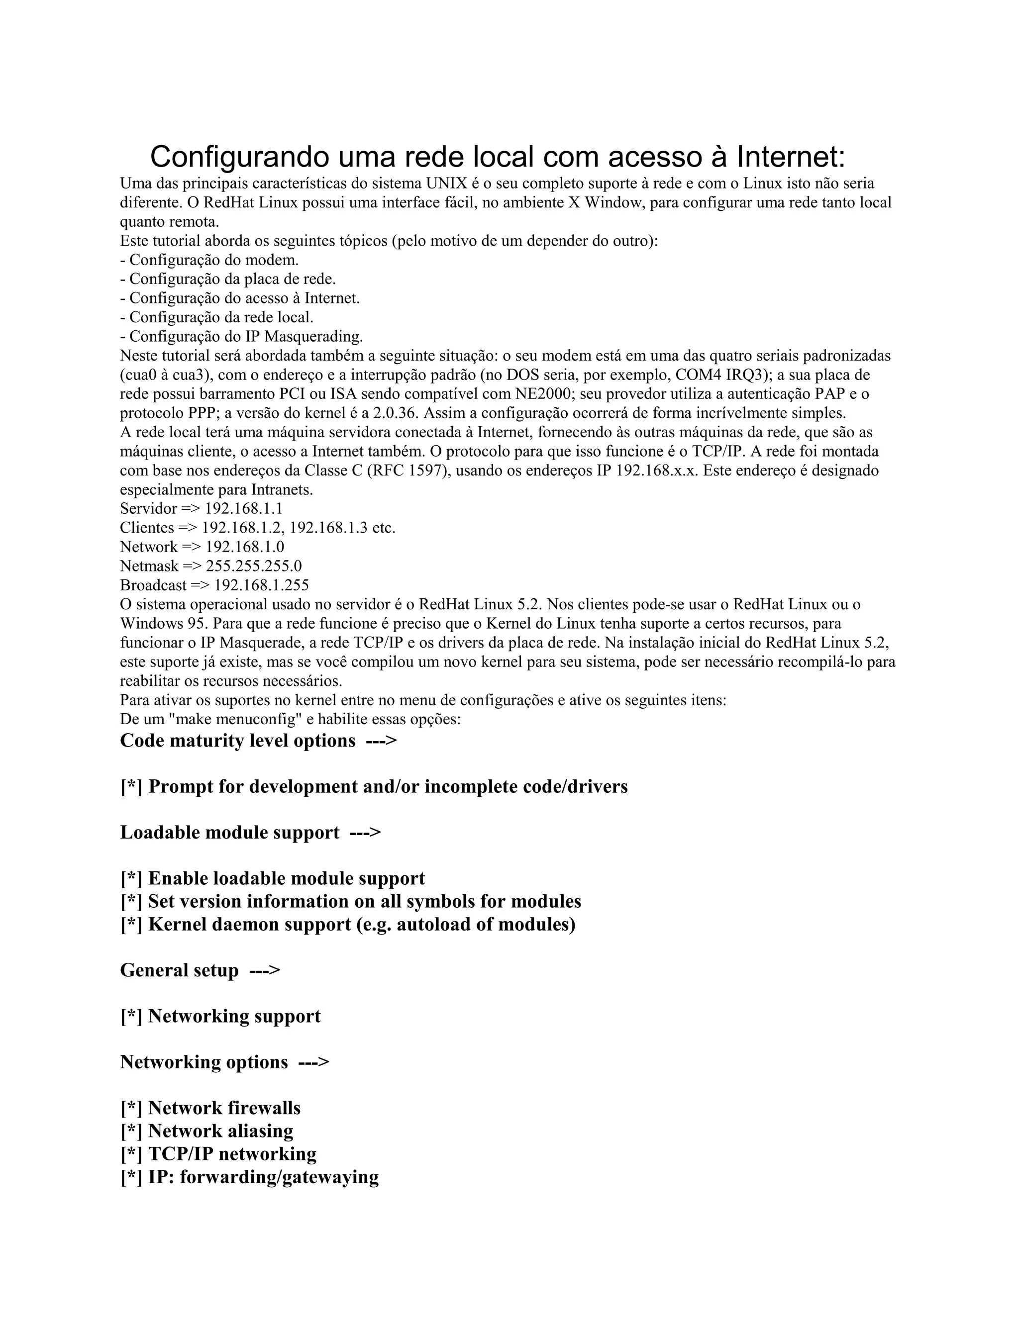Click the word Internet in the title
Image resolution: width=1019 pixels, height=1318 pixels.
click(791, 157)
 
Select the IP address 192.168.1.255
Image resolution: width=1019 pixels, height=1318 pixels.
click(261, 585)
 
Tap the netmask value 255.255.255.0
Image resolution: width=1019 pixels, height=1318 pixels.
click(254, 565)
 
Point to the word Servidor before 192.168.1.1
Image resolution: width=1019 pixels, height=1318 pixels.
click(148, 508)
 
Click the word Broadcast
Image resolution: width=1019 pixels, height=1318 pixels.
click(153, 585)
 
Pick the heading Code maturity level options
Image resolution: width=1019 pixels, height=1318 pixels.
click(238, 741)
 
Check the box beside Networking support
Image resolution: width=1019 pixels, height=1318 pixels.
click(131, 1016)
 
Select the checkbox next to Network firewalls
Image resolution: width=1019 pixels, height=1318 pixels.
click(131, 1108)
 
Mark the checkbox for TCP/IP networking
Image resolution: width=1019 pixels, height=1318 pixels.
click(131, 1154)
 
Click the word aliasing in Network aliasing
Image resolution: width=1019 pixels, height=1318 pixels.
click(260, 1131)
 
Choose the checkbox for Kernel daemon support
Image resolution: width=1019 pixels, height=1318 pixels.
click(131, 925)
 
